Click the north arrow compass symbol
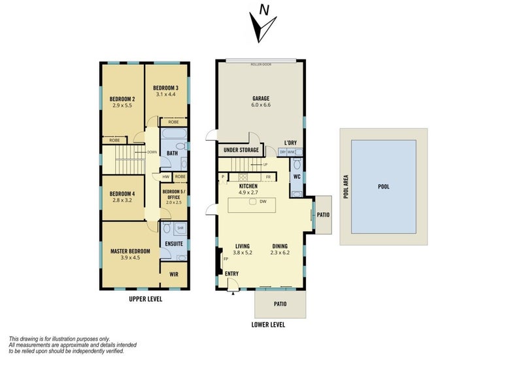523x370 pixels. (261, 25)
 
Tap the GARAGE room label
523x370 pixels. (261, 99)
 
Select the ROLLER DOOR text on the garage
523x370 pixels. (261, 65)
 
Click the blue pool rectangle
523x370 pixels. (384, 187)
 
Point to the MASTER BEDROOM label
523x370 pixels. (130, 251)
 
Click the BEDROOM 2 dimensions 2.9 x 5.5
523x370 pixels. (122, 105)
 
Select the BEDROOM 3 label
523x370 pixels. (166, 88)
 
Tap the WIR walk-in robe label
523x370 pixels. (174, 275)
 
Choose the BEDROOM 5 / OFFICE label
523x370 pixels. (174, 194)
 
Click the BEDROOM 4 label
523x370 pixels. (122, 194)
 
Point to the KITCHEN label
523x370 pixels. (248, 187)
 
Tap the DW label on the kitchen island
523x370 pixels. (262, 202)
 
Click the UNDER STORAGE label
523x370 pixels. (241, 150)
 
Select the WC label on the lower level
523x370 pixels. (296, 176)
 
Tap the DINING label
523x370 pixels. (280, 247)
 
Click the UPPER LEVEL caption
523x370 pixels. (145, 299)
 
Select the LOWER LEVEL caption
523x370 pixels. (268, 325)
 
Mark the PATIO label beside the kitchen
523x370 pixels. (323, 214)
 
